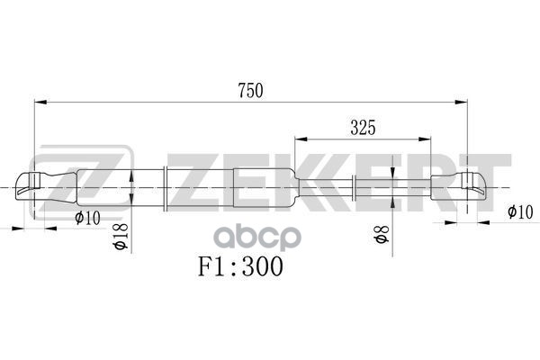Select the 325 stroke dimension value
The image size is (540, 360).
tap(362, 128)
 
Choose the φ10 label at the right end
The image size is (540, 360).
tap(519, 212)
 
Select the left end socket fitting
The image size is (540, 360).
tap(40, 187)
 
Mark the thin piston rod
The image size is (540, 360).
tap(391, 188)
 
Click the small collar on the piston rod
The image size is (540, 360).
tap(354, 188)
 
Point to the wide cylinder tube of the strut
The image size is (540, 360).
tap(229, 187)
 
